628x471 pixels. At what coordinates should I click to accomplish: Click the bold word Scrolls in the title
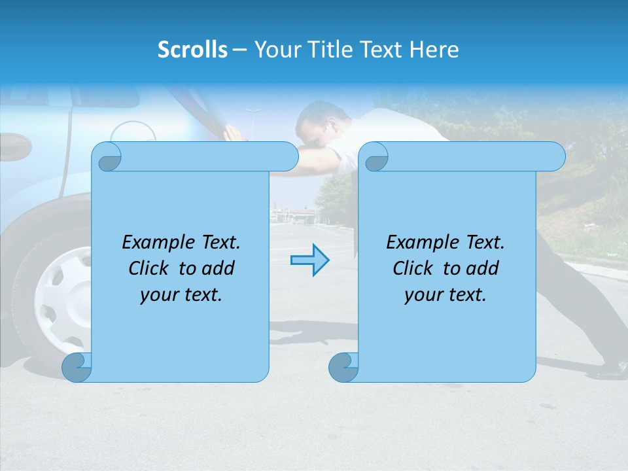coord(192,50)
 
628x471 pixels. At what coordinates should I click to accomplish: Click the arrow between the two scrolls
coord(309,260)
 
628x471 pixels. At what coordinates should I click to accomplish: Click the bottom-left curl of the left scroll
coord(77,367)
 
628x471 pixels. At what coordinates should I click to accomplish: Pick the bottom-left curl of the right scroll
coord(343,367)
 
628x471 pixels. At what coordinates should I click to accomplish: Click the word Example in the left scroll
coord(158,243)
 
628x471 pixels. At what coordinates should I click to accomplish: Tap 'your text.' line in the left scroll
coord(181,295)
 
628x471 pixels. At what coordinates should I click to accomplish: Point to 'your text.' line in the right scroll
coord(445,295)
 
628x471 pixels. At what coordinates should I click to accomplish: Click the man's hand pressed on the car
coord(233,131)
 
